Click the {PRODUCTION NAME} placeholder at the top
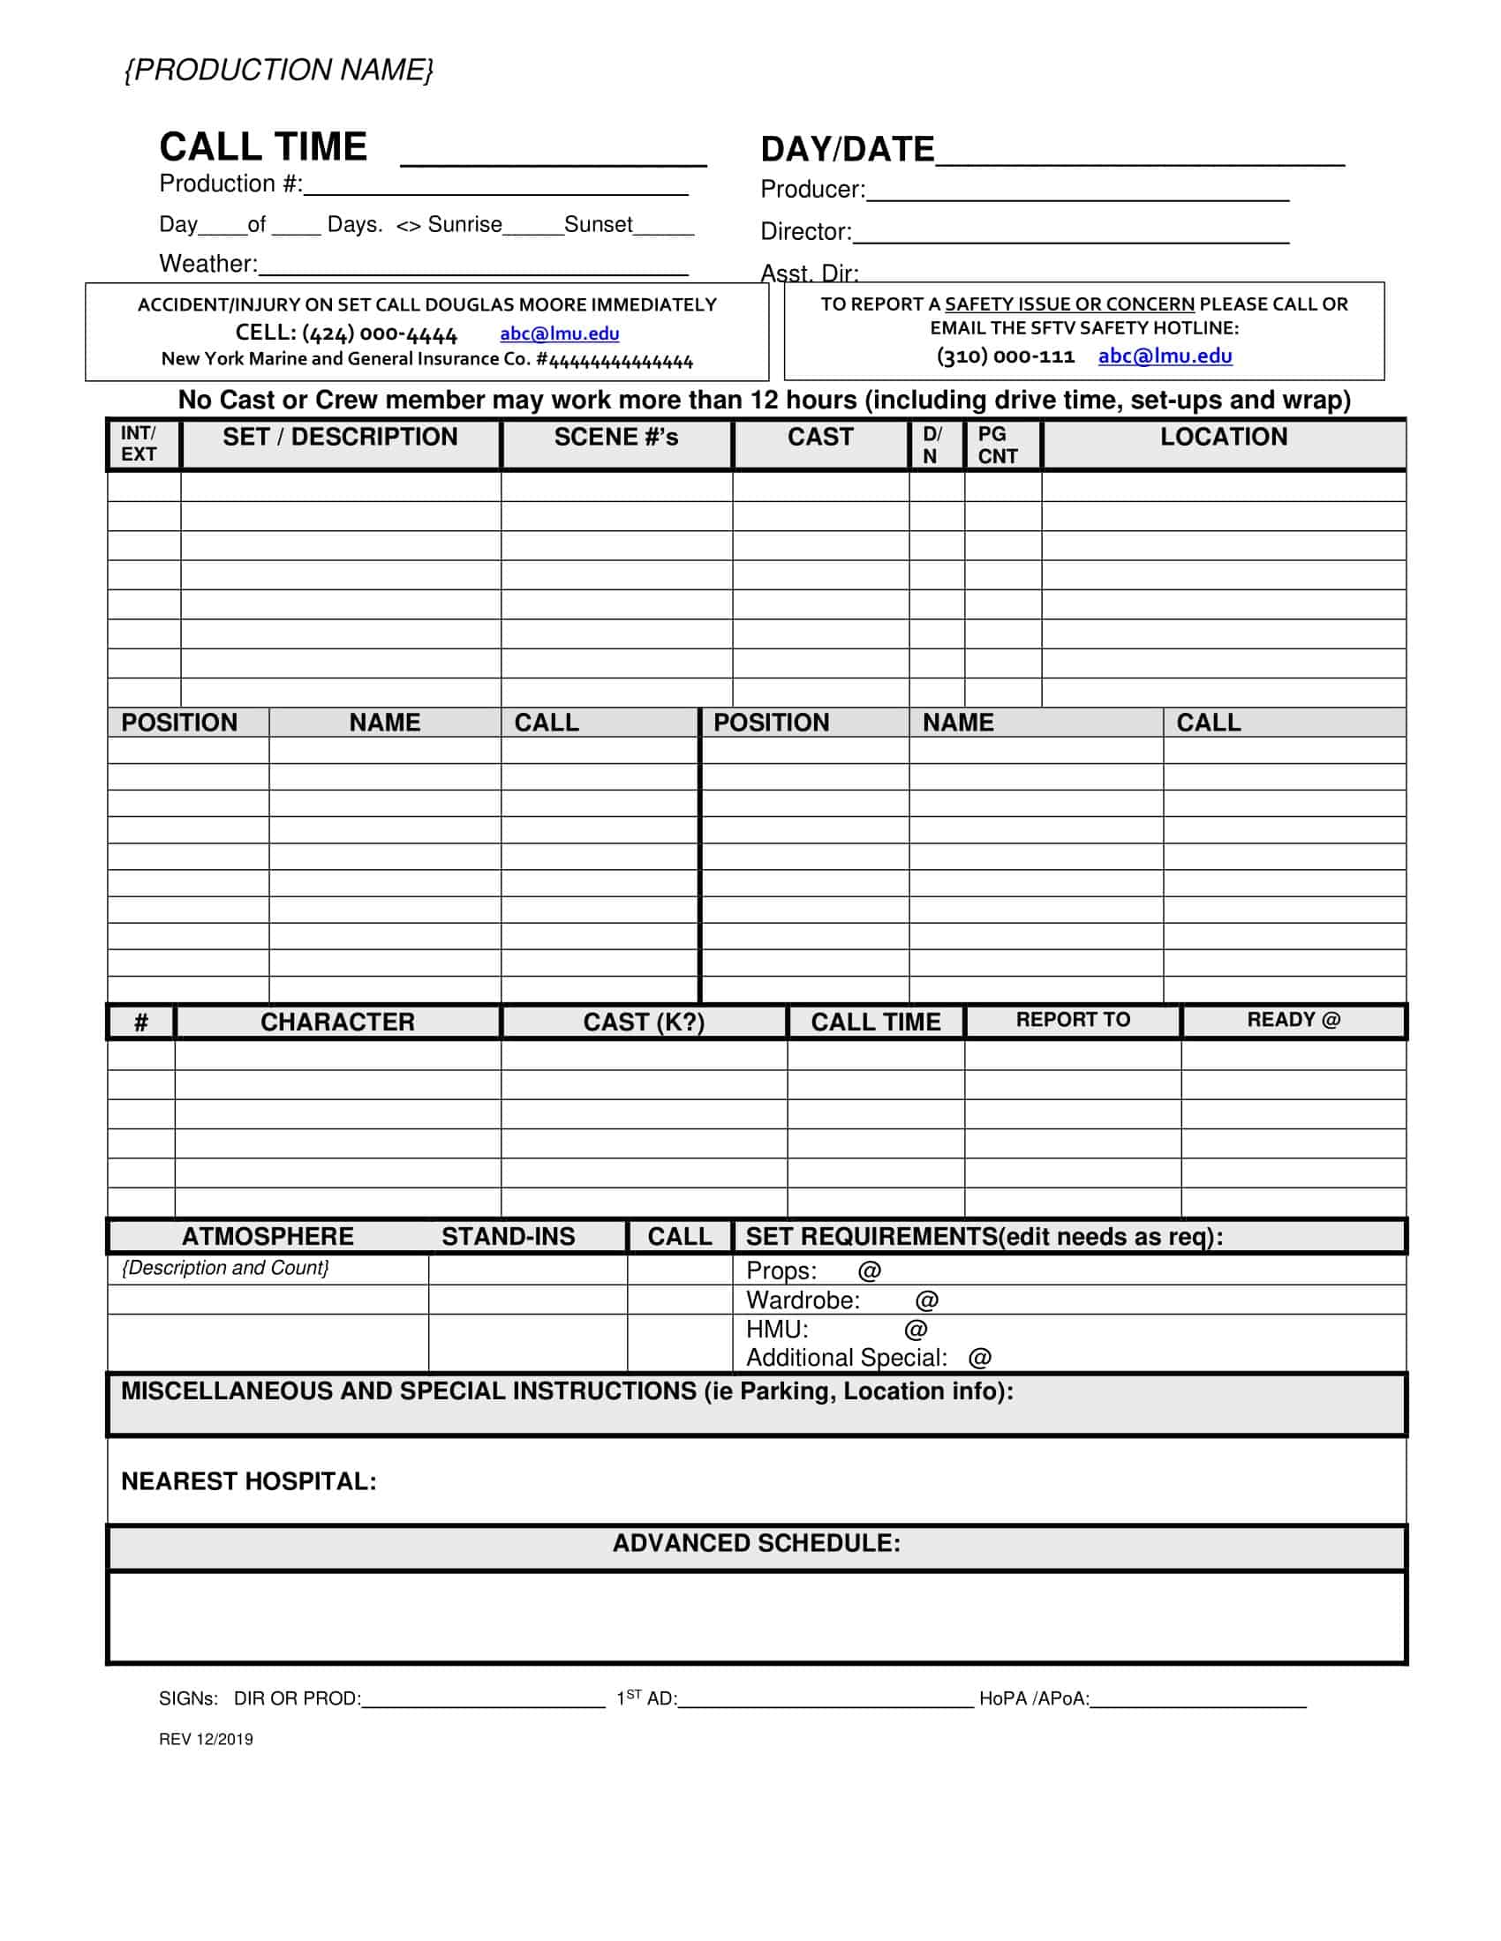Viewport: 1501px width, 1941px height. click(278, 70)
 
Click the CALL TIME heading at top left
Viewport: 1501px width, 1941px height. click(263, 146)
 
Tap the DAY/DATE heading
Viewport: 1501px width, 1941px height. click(847, 149)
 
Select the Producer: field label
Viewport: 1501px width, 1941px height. click(811, 190)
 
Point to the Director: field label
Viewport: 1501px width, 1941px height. click(804, 232)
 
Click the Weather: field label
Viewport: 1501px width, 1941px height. click(208, 264)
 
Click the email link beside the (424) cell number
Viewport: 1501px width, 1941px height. click(559, 333)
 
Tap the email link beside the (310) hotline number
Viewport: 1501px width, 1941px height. click(1165, 356)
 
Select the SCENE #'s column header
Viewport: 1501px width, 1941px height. click(615, 438)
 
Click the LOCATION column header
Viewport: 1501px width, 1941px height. click(1223, 437)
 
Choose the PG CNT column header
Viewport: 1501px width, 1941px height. click(997, 445)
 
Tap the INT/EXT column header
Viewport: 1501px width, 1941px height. click(139, 444)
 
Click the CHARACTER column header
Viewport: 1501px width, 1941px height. click(337, 1022)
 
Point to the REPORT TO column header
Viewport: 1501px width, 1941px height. click(1073, 1019)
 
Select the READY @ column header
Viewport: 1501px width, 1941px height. click(1292, 1019)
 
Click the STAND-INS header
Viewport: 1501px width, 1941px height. click(508, 1236)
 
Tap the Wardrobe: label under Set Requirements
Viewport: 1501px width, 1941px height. click(803, 1300)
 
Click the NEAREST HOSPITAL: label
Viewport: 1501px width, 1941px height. click(248, 1481)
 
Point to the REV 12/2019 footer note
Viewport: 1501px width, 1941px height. click(206, 1739)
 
